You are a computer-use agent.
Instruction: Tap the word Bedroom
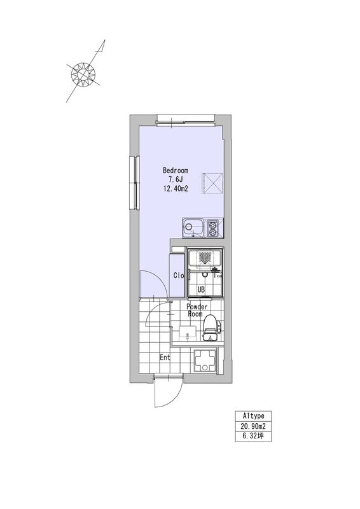pos(176,170)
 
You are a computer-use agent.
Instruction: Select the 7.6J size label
pos(176,179)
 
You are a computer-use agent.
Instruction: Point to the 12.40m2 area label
pos(176,188)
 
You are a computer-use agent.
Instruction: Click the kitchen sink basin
pos(193,228)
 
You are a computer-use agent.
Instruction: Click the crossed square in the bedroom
pos(214,183)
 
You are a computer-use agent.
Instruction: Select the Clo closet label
pos(179,275)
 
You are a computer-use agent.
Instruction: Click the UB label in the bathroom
pos(201,290)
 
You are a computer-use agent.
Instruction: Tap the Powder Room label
pos(197,310)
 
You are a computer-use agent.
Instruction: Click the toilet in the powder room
pos(211,327)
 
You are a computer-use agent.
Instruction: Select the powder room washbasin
pos(188,333)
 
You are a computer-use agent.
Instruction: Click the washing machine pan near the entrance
pos(205,361)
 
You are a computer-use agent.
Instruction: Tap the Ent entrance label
pos(165,358)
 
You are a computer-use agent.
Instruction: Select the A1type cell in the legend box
pos(253,416)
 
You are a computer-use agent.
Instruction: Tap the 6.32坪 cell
pos(253,436)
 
